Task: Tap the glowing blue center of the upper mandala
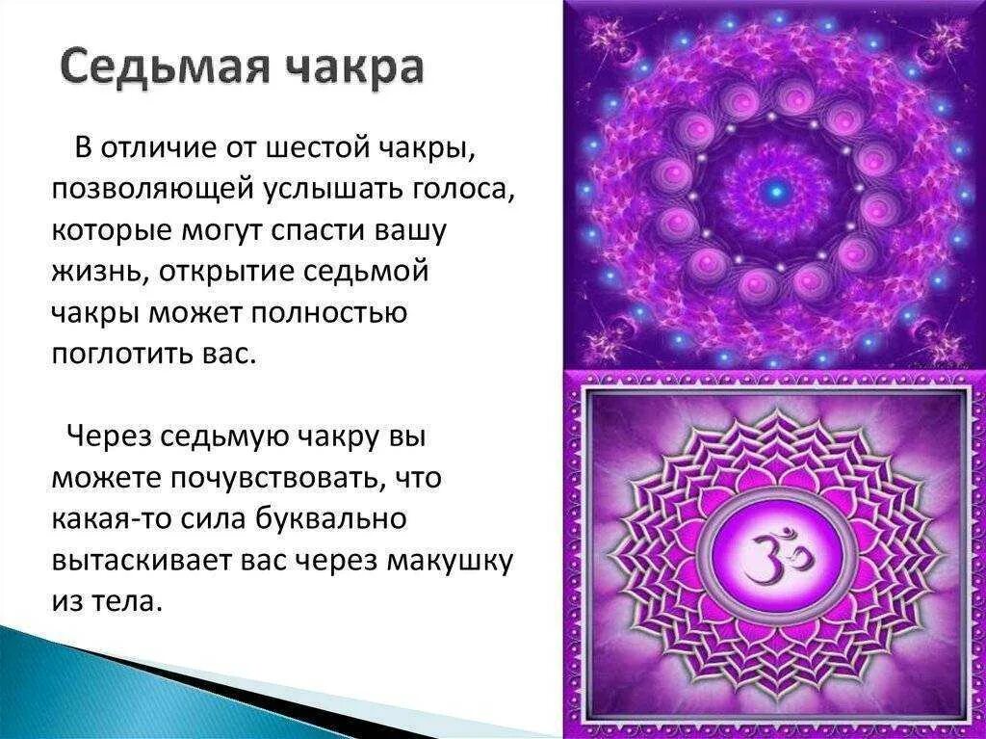tap(774, 191)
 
